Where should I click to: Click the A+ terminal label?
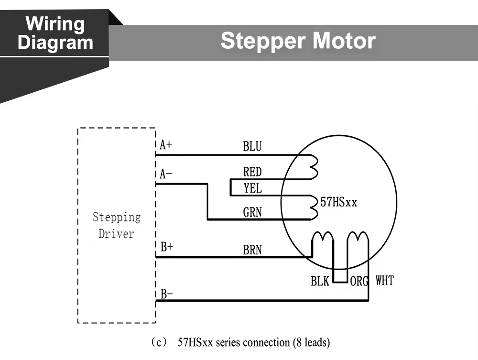coord(166,145)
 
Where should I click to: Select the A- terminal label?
coord(166,174)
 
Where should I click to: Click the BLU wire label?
coord(252,146)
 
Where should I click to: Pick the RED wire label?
coord(252,172)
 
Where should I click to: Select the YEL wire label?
coord(252,188)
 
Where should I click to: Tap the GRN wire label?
coord(252,212)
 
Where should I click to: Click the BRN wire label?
coord(252,249)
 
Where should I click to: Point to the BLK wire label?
coord(320,281)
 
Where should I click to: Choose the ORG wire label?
coord(359,281)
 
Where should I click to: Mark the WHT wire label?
coord(384,280)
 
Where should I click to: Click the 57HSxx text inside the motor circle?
coord(339,202)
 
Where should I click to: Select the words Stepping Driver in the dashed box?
coord(116,226)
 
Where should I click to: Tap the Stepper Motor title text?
coord(298,41)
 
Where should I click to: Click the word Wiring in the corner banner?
coord(55,23)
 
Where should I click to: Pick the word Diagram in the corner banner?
coord(55,43)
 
